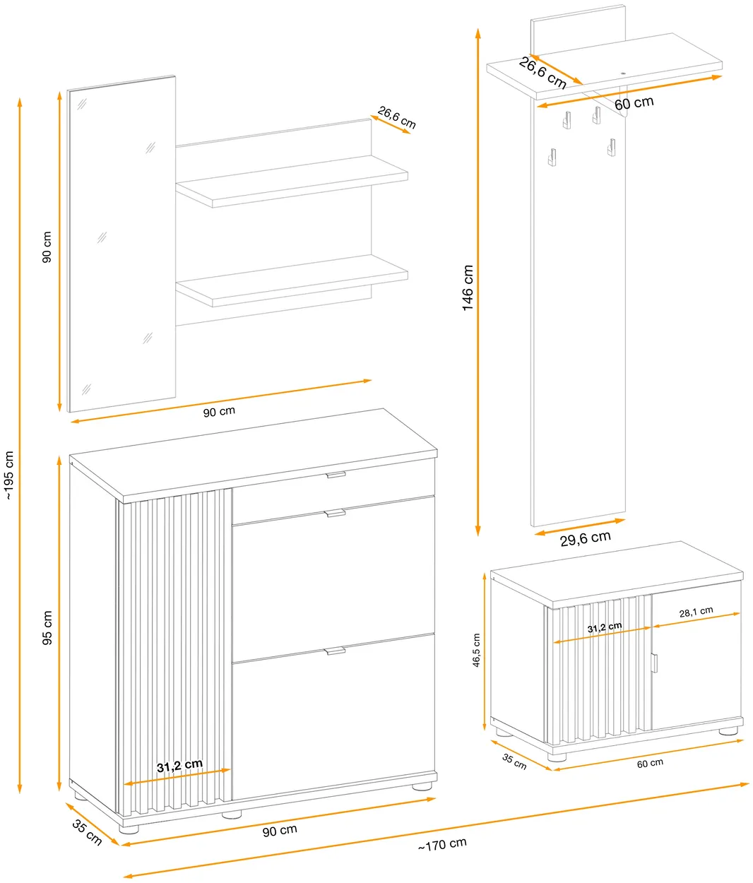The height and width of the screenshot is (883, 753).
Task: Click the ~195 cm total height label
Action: click(9, 475)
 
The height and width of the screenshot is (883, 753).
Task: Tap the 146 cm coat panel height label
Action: click(468, 288)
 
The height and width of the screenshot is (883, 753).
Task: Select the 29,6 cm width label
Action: click(585, 538)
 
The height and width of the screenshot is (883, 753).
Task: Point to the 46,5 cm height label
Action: click(477, 650)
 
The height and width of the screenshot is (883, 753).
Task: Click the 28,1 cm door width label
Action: click(696, 612)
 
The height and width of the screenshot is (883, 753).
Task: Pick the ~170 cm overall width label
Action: click(442, 845)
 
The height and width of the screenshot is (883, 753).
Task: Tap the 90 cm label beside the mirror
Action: click(47, 247)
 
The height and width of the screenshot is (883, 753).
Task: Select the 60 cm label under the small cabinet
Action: click(650, 764)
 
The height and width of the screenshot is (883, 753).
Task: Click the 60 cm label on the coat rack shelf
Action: click(634, 103)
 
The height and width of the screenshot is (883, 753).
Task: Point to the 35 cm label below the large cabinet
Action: click(87, 833)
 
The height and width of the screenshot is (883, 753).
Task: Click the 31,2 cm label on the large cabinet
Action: click(179, 766)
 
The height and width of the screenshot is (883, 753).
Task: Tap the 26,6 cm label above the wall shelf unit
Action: click(397, 117)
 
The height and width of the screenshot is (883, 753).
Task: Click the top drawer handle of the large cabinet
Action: click(336, 474)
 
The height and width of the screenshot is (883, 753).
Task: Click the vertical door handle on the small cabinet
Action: click(654, 663)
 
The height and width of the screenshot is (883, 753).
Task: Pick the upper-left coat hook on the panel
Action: click(567, 119)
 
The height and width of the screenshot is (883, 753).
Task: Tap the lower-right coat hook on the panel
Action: click(611, 148)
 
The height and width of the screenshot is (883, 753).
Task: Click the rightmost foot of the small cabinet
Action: click(728, 731)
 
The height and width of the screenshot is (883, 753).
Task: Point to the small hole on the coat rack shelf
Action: click(622, 74)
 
